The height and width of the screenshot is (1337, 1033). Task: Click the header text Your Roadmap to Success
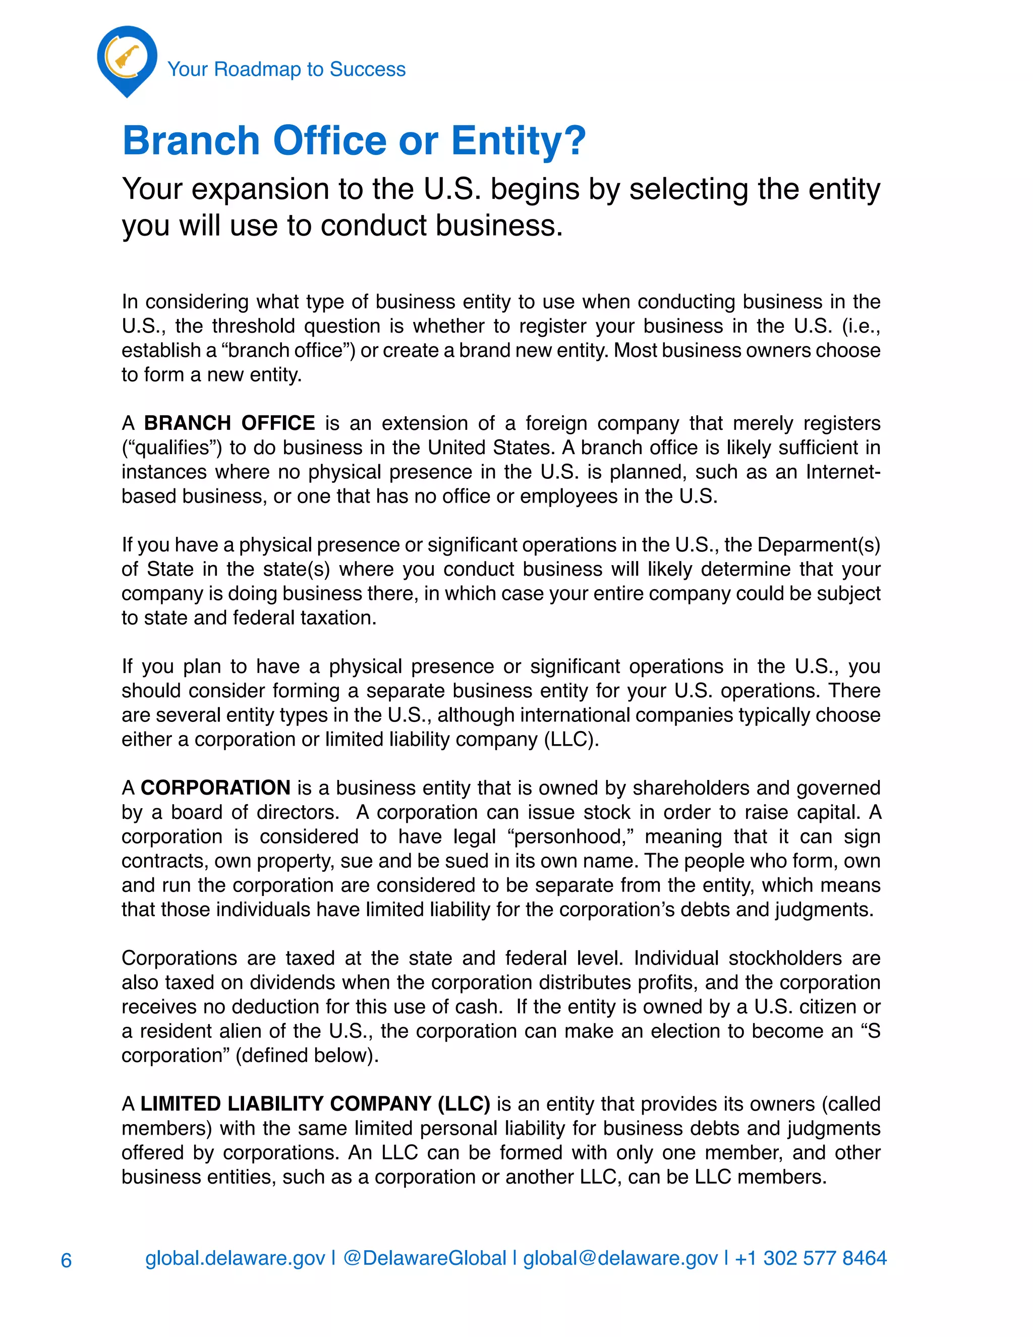(x=286, y=69)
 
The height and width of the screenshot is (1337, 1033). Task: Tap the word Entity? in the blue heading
(x=519, y=141)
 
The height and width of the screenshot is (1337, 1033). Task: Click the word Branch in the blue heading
(x=192, y=141)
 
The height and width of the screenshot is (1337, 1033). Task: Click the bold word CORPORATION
(x=215, y=788)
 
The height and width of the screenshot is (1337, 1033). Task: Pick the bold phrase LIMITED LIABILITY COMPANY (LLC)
(x=315, y=1104)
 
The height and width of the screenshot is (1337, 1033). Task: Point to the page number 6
(x=66, y=1260)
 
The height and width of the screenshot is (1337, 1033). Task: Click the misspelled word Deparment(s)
(x=819, y=545)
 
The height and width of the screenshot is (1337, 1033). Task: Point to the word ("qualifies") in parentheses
(x=172, y=448)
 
